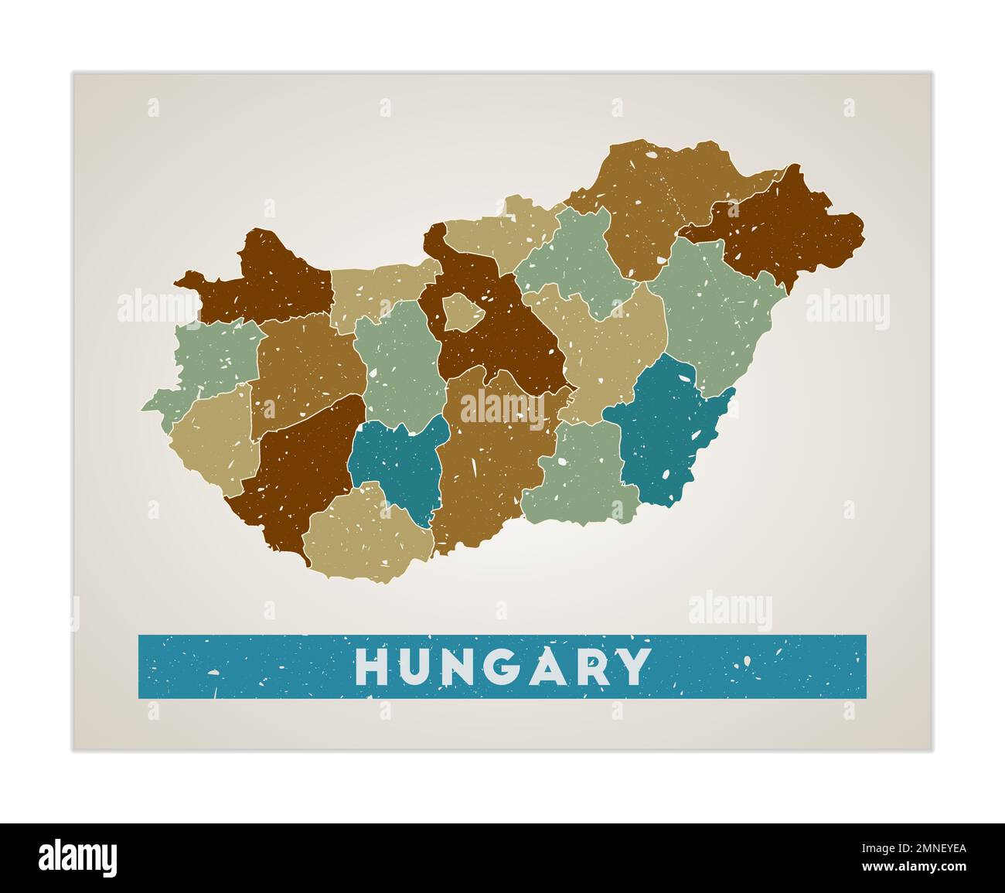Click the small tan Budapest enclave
click(x=462, y=312)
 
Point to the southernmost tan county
click(x=367, y=533)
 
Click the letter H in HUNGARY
click(x=371, y=666)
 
